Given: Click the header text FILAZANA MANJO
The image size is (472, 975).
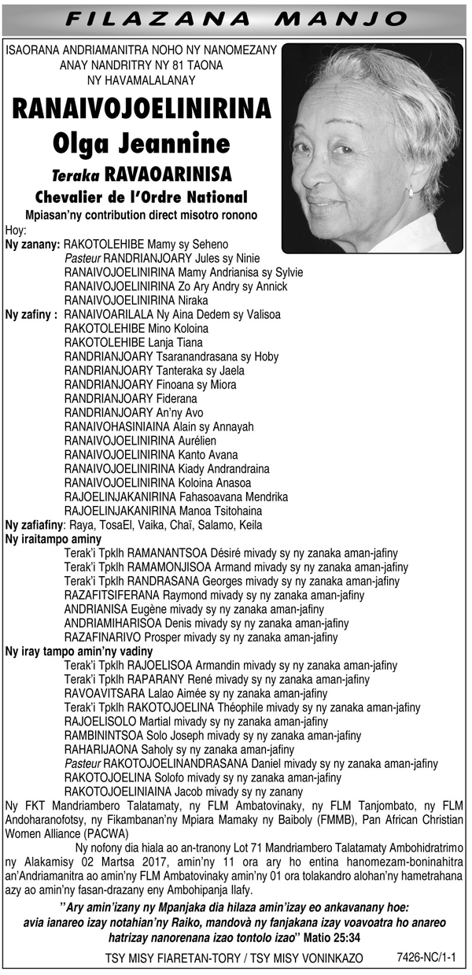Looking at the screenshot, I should [235, 17].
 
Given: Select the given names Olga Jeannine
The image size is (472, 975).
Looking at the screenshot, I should [142, 143].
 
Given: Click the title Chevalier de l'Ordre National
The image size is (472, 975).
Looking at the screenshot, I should [142, 196].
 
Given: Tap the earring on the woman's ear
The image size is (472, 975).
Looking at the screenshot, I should [410, 191].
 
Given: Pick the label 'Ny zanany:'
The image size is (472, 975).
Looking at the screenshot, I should [32, 245].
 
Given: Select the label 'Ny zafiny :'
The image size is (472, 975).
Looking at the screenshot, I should [31, 314].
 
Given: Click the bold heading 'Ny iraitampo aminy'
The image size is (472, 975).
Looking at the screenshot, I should [53, 539].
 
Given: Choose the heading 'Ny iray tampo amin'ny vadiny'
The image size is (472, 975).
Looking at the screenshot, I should [82, 651].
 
